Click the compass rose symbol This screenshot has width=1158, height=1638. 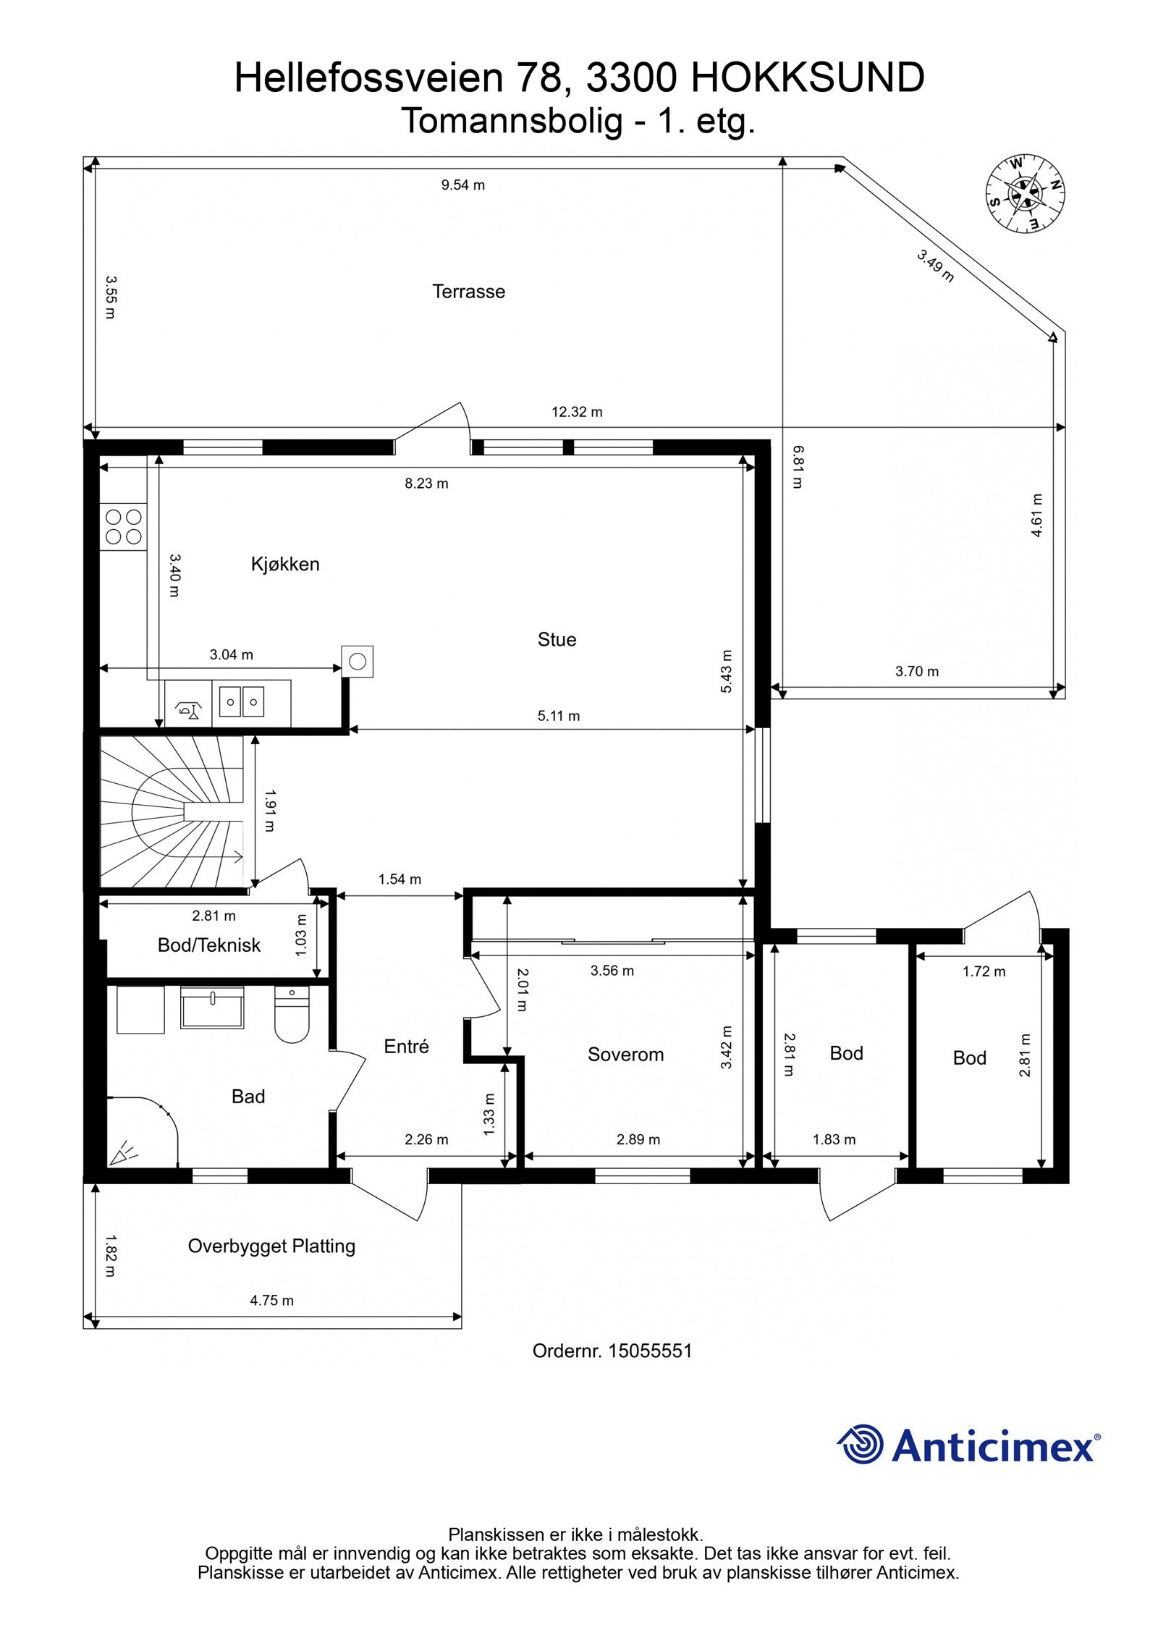[1024, 194]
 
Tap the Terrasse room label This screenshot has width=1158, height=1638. [468, 292]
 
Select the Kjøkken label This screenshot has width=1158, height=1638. [285, 564]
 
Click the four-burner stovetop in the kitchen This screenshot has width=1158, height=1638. [124, 527]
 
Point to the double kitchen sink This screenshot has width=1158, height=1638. [242, 702]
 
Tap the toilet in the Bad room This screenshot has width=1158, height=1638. [292, 1014]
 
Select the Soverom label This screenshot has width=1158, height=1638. [625, 1055]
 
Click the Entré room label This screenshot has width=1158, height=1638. [406, 1046]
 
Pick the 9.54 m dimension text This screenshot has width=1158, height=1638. [463, 185]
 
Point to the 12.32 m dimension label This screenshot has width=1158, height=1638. [577, 412]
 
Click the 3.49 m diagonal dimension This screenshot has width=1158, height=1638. [935, 266]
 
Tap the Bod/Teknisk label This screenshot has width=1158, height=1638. [209, 945]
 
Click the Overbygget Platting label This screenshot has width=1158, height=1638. [271, 1246]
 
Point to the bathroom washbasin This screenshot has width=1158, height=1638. [212, 1007]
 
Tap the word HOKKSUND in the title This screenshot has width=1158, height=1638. [808, 78]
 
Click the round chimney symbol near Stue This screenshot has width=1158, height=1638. [358, 661]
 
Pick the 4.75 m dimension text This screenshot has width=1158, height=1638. [272, 1301]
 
